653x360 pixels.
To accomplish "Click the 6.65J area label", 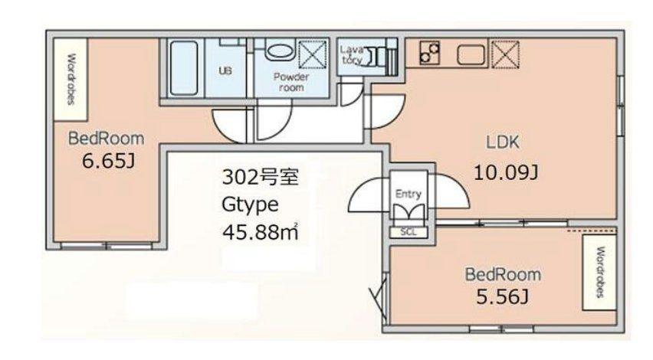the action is click(108, 161).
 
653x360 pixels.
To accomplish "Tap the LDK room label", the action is click(503, 142).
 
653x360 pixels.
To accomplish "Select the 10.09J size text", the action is click(506, 172).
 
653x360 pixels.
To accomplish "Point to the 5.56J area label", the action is click(503, 296).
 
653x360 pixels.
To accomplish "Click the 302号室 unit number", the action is click(261, 177).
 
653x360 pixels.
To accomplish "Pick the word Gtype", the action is click(250, 205).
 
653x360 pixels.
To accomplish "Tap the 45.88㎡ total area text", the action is click(261, 232).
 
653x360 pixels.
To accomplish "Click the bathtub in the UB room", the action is click(184, 68).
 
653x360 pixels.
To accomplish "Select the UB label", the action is click(225, 70).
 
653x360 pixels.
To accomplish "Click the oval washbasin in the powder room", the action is click(280, 51).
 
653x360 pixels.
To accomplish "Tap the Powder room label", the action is click(291, 82).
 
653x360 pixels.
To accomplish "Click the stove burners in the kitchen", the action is click(429, 52).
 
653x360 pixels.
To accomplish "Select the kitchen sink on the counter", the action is click(471, 55).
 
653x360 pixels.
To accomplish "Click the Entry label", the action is click(408, 194).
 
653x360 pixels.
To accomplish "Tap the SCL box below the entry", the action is click(409, 232).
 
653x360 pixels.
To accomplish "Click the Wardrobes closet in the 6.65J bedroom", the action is click(71, 80).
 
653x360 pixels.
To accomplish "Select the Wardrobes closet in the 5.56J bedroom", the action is click(599, 273).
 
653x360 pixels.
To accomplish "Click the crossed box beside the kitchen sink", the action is click(505, 54).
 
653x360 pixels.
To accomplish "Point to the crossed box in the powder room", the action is click(313, 54).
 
